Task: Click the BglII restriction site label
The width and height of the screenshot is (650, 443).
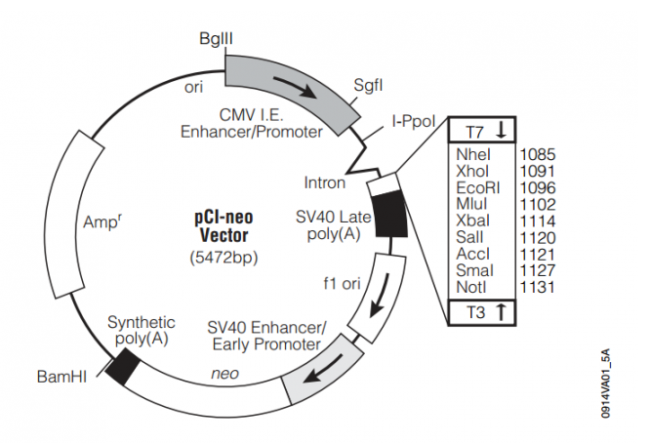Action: pyautogui.click(x=215, y=37)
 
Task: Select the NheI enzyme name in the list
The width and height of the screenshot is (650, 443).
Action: pyautogui.click(x=472, y=153)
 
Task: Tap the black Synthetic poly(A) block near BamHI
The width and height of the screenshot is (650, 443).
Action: pyautogui.click(x=123, y=367)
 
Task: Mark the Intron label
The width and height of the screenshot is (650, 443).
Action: pyautogui.click(x=325, y=182)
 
